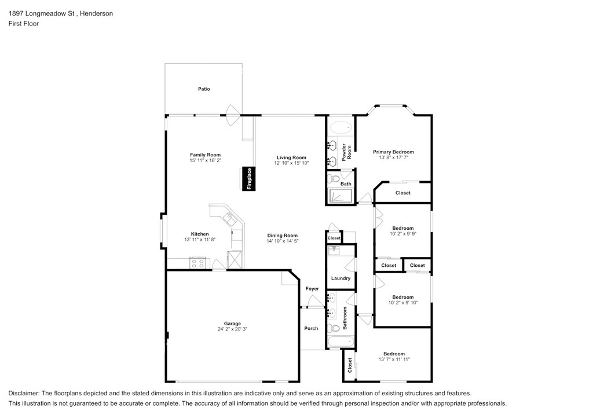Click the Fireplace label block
tap(248, 179)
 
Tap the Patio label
tap(204, 89)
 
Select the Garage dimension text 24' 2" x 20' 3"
tap(232, 329)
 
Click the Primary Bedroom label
tap(393, 152)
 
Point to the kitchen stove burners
tap(198, 263)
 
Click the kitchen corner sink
tap(229, 218)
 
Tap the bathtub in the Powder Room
tap(340, 128)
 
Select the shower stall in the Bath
tap(341, 196)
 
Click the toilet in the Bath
tap(334, 177)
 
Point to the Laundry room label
tap(341, 278)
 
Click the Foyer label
tap(312, 289)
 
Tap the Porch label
tap(311, 328)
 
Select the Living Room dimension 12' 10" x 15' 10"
tap(292, 163)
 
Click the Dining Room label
tap(283, 236)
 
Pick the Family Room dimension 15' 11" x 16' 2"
tap(206, 160)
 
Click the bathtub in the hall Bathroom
tap(341, 342)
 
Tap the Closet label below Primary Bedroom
tap(403, 193)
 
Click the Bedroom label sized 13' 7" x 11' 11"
tap(394, 354)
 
